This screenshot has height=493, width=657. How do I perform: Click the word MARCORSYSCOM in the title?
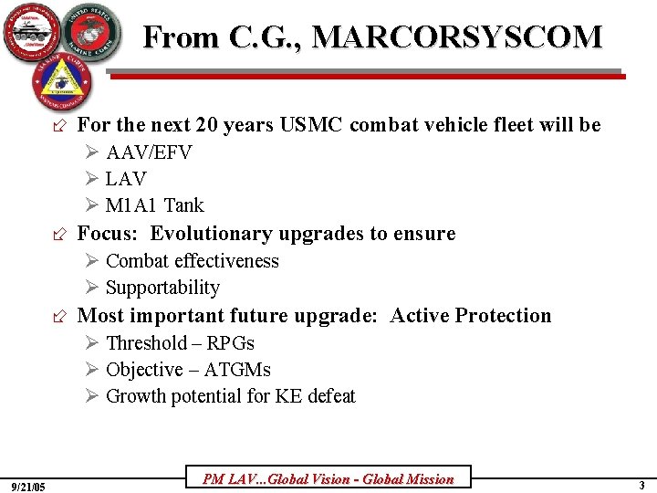(x=457, y=37)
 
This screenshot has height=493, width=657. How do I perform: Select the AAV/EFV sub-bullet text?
(x=149, y=152)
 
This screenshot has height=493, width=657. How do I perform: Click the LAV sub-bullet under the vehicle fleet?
(x=126, y=179)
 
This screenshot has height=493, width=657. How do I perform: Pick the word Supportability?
(x=162, y=288)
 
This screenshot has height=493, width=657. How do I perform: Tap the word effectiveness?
(x=226, y=261)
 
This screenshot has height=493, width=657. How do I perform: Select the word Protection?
(x=503, y=316)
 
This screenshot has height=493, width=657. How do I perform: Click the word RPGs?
(x=231, y=343)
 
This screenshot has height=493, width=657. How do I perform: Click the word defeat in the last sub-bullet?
(x=329, y=396)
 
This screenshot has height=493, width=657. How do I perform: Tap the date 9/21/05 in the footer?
(x=30, y=485)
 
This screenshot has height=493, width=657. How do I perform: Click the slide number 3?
(x=641, y=484)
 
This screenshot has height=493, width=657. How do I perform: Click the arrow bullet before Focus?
(x=60, y=235)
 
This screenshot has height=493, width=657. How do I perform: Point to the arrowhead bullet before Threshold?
(x=92, y=343)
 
